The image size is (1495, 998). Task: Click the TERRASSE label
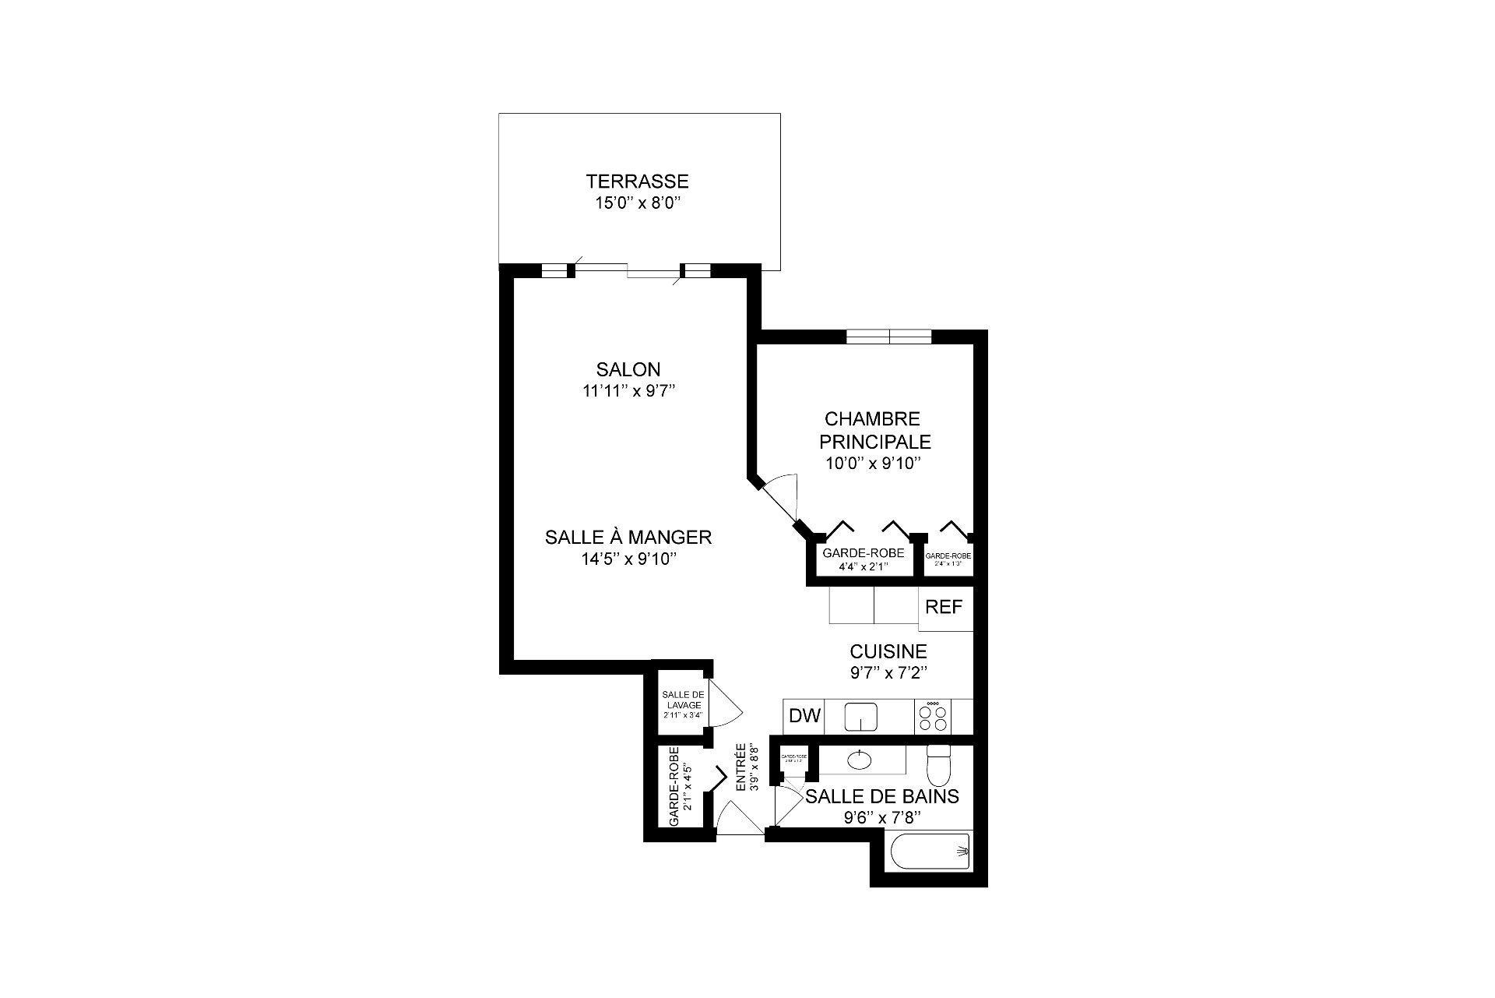(637, 182)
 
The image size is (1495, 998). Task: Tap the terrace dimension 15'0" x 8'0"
(637, 204)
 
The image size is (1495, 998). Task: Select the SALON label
(628, 369)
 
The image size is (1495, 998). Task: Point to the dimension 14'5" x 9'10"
(628, 559)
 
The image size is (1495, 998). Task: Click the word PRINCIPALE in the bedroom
(874, 442)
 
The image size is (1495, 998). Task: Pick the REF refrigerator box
(944, 608)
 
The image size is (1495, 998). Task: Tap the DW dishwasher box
(804, 716)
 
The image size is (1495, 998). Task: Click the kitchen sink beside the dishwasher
(861, 716)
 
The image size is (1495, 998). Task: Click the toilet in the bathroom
(939, 765)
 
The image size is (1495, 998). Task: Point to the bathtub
(930, 852)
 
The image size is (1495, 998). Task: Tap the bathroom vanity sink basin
(860, 759)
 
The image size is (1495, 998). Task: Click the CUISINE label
(888, 651)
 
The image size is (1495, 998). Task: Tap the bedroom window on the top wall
(888, 337)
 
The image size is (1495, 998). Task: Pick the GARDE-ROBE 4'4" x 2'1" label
(863, 558)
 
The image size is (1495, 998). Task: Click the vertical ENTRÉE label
(746, 768)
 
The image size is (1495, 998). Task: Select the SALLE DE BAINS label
(881, 796)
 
